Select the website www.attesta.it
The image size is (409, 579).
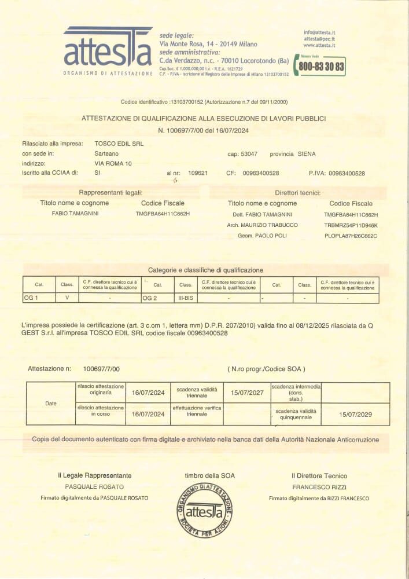point(319,45)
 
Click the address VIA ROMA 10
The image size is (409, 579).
point(113,164)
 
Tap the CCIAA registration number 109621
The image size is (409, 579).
point(198,173)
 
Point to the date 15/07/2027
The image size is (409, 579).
point(246,393)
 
